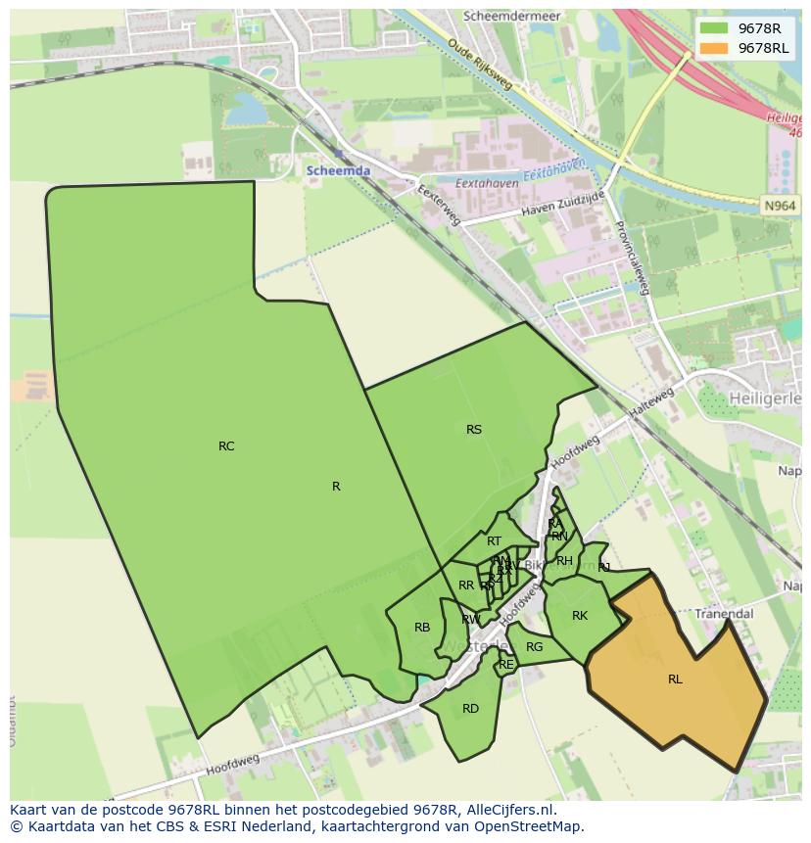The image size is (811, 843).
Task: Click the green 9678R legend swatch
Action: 715,28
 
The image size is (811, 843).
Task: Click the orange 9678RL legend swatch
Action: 715,48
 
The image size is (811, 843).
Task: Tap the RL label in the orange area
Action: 675,679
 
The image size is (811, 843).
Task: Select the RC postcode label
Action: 226,446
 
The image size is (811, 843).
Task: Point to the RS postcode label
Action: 474,430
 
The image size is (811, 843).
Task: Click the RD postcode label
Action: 470,709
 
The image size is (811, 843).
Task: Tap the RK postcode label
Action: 580,616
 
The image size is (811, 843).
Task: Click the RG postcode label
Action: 534,647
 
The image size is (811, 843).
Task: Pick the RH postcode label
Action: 564,561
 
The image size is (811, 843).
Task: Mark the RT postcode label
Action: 494,541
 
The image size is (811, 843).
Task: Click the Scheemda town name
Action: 338,170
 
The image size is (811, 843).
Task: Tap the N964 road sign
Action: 781,206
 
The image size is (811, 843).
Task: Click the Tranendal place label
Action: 724,614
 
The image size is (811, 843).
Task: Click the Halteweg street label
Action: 652,403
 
